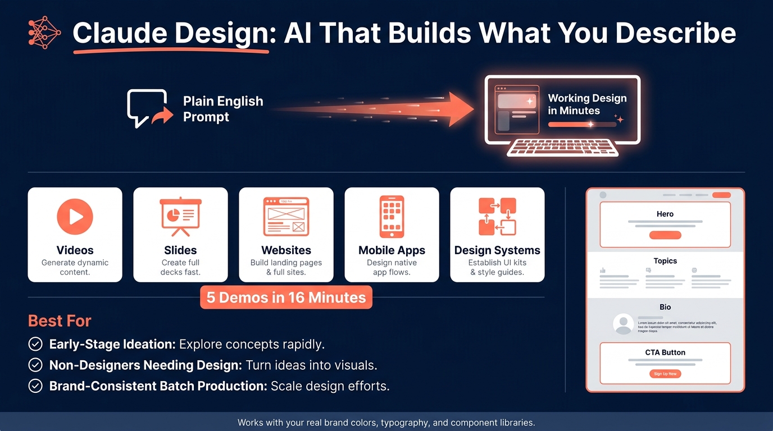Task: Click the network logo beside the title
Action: [44, 32]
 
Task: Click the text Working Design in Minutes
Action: [587, 104]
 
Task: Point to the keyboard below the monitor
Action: [562, 148]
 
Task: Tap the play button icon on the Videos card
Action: [75, 216]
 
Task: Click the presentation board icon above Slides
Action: [180, 216]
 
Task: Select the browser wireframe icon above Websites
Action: [286, 216]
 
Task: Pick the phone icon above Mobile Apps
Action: [392, 217]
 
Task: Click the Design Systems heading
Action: [497, 250]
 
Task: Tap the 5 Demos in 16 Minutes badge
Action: [286, 297]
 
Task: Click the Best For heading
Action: [60, 321]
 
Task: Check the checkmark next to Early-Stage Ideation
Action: [35, 344]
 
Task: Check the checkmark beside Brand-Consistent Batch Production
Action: [35, 386]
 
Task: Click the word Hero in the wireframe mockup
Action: [665, 214]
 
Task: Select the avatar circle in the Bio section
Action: [623, 324]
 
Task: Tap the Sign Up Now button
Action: [665, 374]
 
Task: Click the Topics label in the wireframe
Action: [665, 261]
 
